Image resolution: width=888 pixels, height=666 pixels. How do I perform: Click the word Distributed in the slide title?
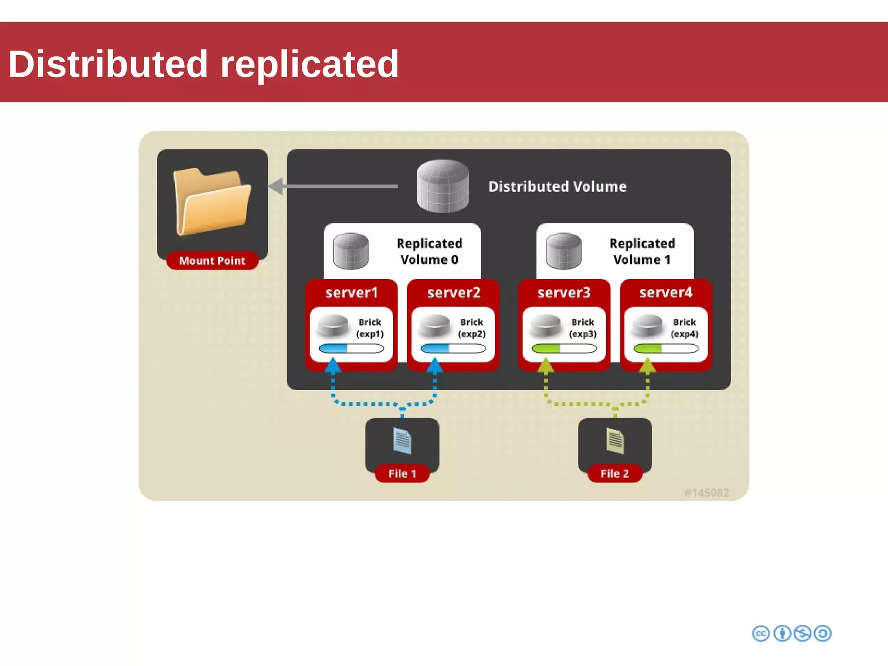(108, 64)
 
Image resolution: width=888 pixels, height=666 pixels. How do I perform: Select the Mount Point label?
(212, 261)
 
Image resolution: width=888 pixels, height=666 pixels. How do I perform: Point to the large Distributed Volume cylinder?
(443, 186)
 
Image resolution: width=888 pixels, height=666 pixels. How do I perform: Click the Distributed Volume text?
(557, 186)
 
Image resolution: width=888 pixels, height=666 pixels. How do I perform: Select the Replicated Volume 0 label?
(429, 251)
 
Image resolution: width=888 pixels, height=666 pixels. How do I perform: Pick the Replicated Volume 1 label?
(642, 251)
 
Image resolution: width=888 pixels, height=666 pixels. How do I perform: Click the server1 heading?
(352, 293)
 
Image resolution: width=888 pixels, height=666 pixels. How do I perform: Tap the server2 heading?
(454, 293)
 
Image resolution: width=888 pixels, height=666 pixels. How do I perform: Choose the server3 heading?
(564, 293)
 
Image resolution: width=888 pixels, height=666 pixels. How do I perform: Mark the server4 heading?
(666, 293)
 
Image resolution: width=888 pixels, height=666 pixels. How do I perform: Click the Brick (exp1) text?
(370, 328)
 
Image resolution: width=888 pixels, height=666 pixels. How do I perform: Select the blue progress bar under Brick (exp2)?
(453, 348)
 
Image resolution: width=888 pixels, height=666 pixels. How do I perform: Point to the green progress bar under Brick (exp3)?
(564, 348)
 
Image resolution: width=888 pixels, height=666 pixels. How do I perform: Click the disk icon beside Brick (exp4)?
(647, 326)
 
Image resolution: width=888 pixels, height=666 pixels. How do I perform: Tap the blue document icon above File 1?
(402, 441)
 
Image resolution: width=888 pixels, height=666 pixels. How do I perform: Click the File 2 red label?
(614, 473)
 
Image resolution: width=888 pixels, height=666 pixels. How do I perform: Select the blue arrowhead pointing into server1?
(333, 366)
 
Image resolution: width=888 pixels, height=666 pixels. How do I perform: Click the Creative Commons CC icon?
(761, 633)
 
